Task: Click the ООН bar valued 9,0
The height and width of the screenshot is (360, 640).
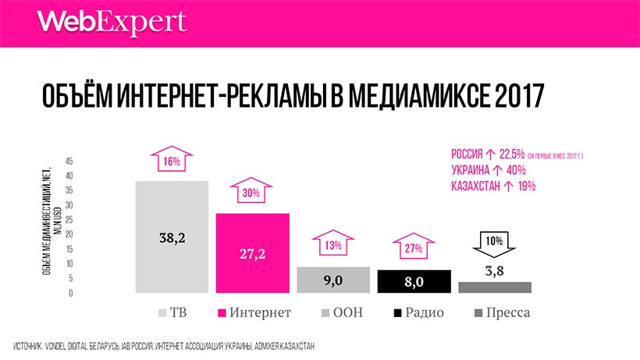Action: [x=333, y=280]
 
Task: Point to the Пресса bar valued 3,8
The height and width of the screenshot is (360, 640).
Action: [x=495, y=287]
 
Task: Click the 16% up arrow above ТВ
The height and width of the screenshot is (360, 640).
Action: [x=172, y=160]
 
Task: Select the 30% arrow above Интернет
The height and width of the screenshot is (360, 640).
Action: [x=253, y=192]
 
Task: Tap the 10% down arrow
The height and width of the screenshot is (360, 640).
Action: [x=495, y=243]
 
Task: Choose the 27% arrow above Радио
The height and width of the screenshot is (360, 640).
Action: [x=414, y=247]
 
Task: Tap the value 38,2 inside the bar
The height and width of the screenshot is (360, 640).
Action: [x=172, y=237]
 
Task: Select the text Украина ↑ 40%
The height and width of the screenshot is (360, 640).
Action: [x=488, y=170]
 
